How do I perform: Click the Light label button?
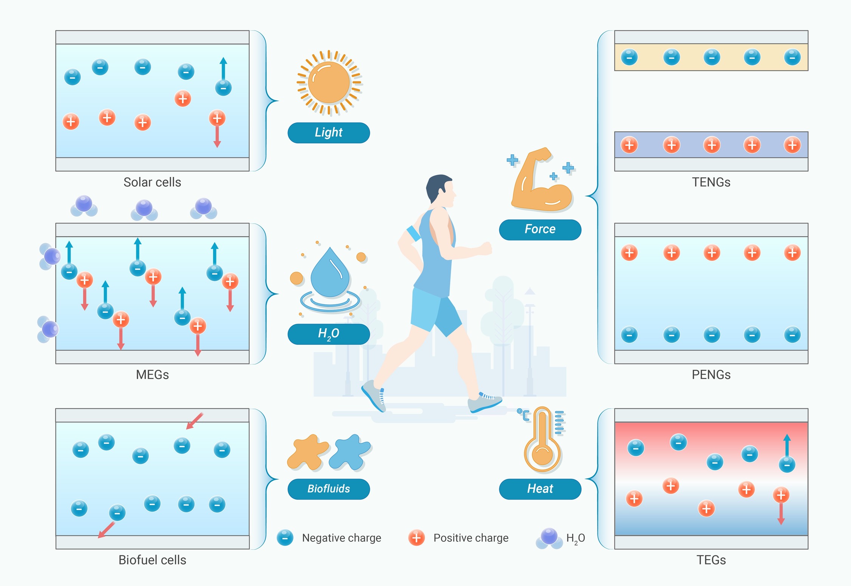pos(329,133)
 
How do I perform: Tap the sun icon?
pos(329,82)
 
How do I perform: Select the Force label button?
pos(540,229)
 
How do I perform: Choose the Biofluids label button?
pos(329,489)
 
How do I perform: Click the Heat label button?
pos(540,489)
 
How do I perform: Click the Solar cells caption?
pos(152,182)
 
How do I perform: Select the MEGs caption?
pos(152,375)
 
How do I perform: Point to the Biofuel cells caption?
pos(152,560)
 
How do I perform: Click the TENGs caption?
pos(711,182)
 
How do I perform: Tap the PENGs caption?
pos(711,375)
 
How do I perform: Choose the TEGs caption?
pos(711,560)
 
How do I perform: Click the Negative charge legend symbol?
pos(285,538)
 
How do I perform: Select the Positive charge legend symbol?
pos(417,538)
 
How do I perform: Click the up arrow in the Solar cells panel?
pos(223,69)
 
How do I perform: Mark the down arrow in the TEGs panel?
pos(781,513)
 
